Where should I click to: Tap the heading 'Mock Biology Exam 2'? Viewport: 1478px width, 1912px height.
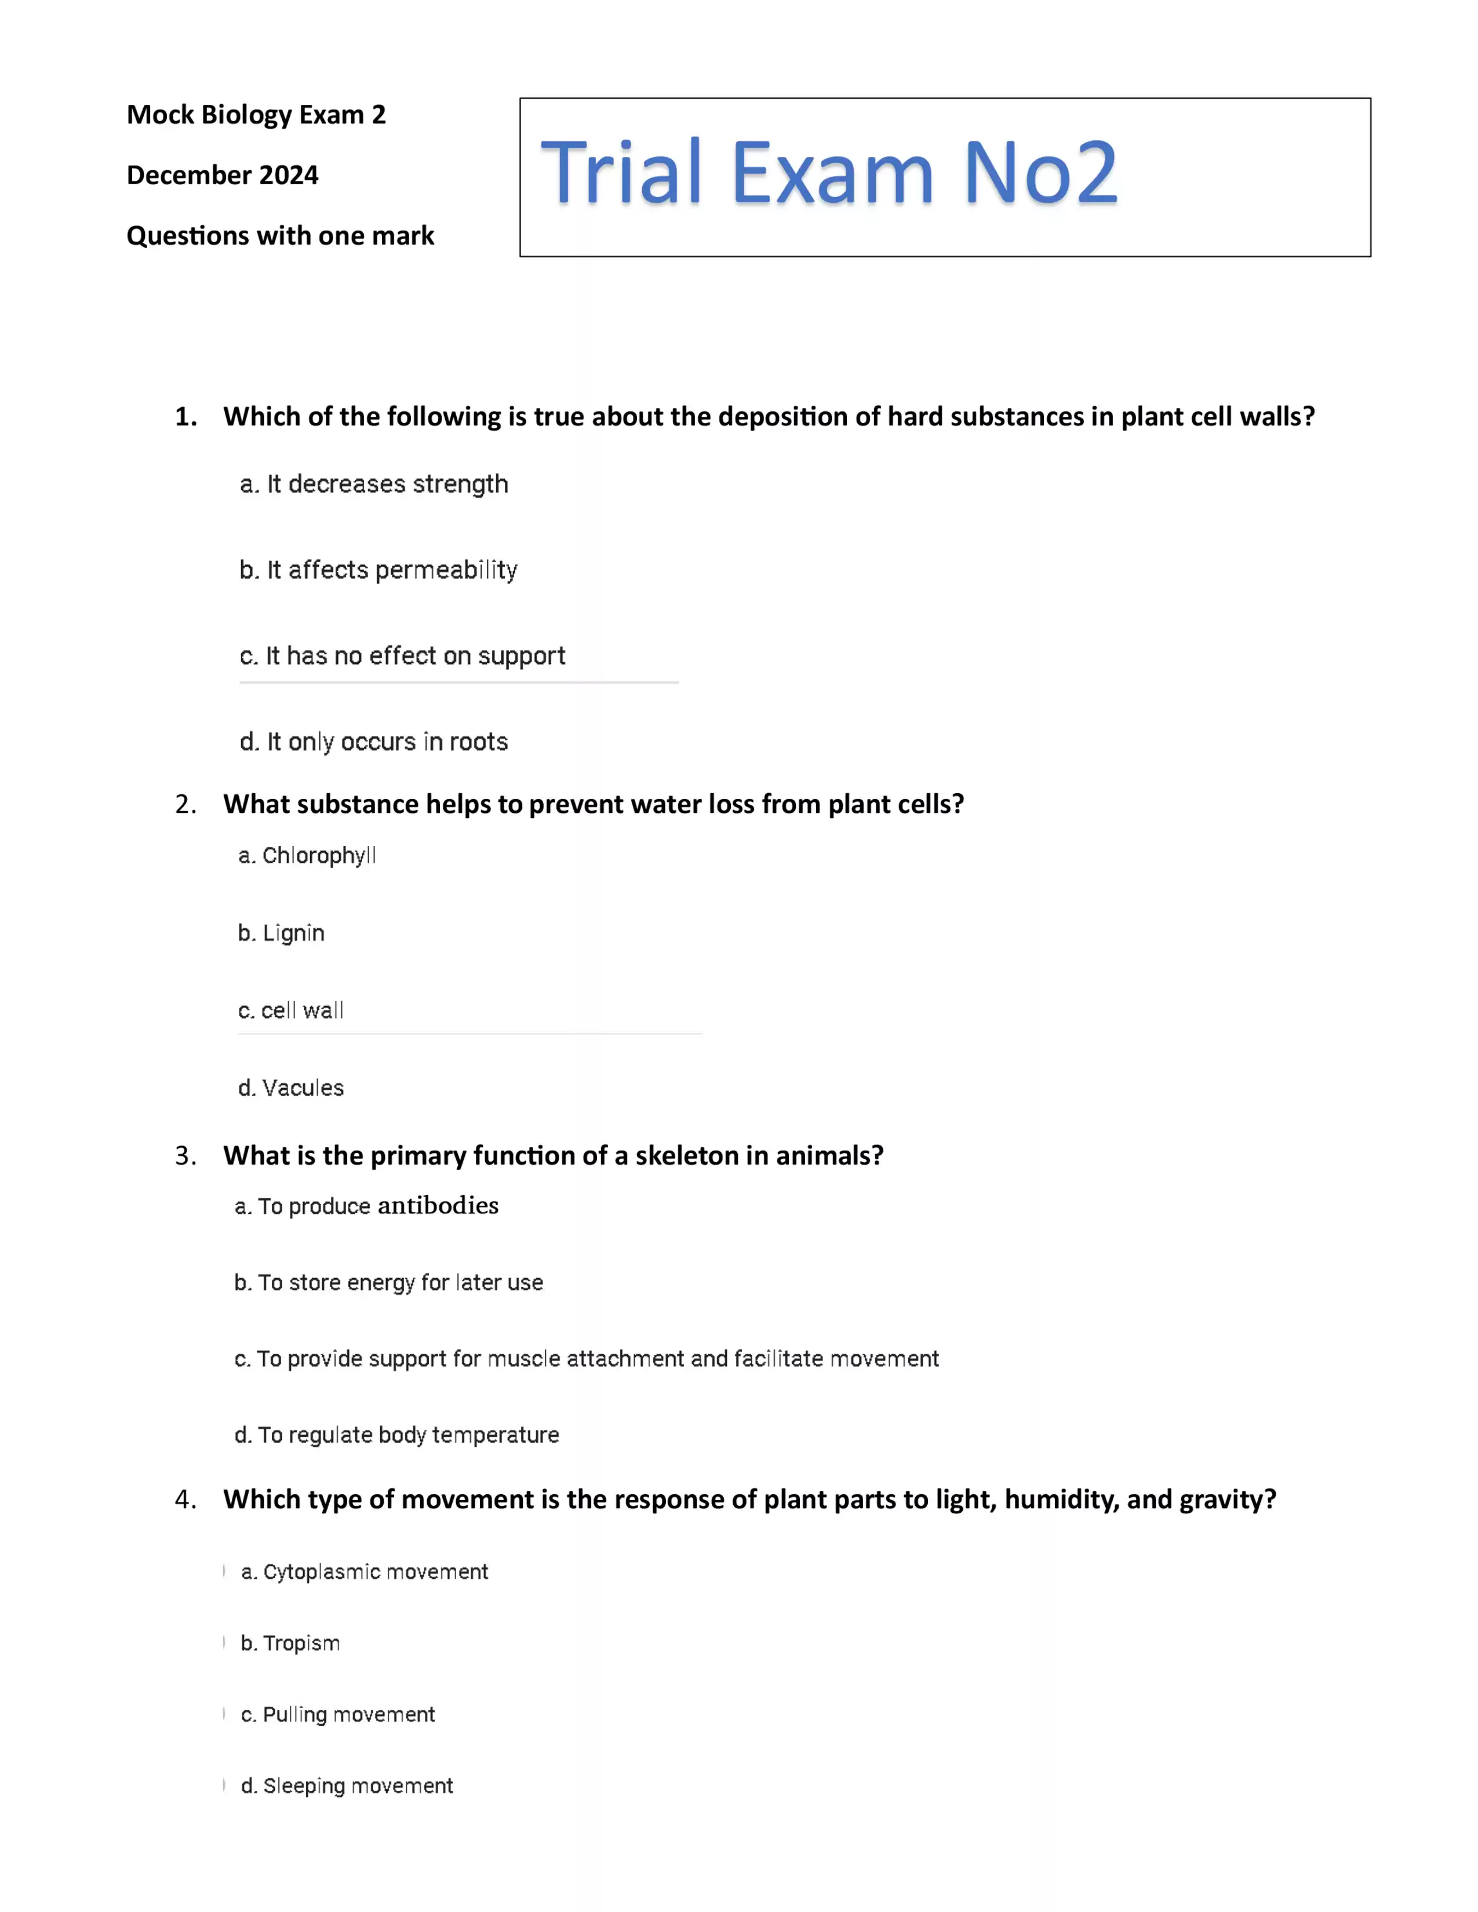(256, 115)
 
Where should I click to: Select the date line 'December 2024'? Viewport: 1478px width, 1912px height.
(223, 175)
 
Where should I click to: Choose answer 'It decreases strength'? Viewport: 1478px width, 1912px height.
(374, 484)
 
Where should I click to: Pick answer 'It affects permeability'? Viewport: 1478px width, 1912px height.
(378, 570)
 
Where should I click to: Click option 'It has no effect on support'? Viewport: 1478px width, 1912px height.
(403, 656)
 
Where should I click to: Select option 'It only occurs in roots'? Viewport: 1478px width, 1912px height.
(374, 742)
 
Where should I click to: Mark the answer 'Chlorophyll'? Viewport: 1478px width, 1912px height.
(307, 855)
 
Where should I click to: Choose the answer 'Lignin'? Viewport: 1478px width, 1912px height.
(281, 933)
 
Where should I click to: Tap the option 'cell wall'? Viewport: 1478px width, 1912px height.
(291, 1010)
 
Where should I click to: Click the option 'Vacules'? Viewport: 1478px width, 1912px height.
(292, 1088)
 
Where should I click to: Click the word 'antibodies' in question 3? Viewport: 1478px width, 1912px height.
(438, 1206)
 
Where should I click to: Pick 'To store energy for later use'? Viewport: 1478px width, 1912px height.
(389, 1283)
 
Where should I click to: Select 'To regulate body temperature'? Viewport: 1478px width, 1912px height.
(396, 1435)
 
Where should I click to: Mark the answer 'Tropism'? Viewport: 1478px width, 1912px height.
(291, 1643)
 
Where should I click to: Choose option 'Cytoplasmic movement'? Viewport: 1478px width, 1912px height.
(364, 1572)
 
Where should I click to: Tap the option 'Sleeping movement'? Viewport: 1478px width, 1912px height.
(347, 1786)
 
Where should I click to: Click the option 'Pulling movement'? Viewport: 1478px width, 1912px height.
(338, 1714)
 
